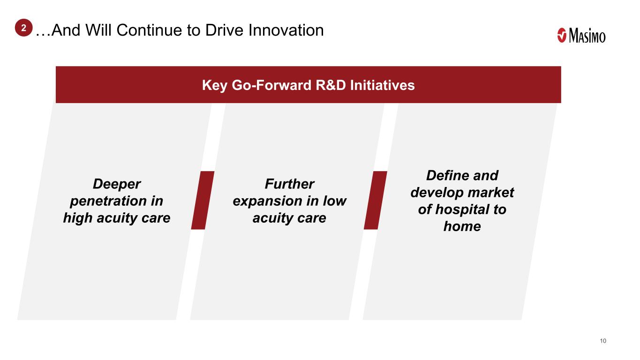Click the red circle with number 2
[24, 28]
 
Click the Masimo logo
[581, 36]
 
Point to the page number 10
[603, 341]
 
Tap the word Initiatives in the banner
[382, 85]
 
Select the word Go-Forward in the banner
[271, 85]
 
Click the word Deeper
[117, 184]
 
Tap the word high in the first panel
[78, 217]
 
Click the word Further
[290, 184]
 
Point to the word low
[335, 201]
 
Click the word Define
[447, 175]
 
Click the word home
[462, 226]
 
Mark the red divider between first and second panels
[203, 200]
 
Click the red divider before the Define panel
[376, 200]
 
